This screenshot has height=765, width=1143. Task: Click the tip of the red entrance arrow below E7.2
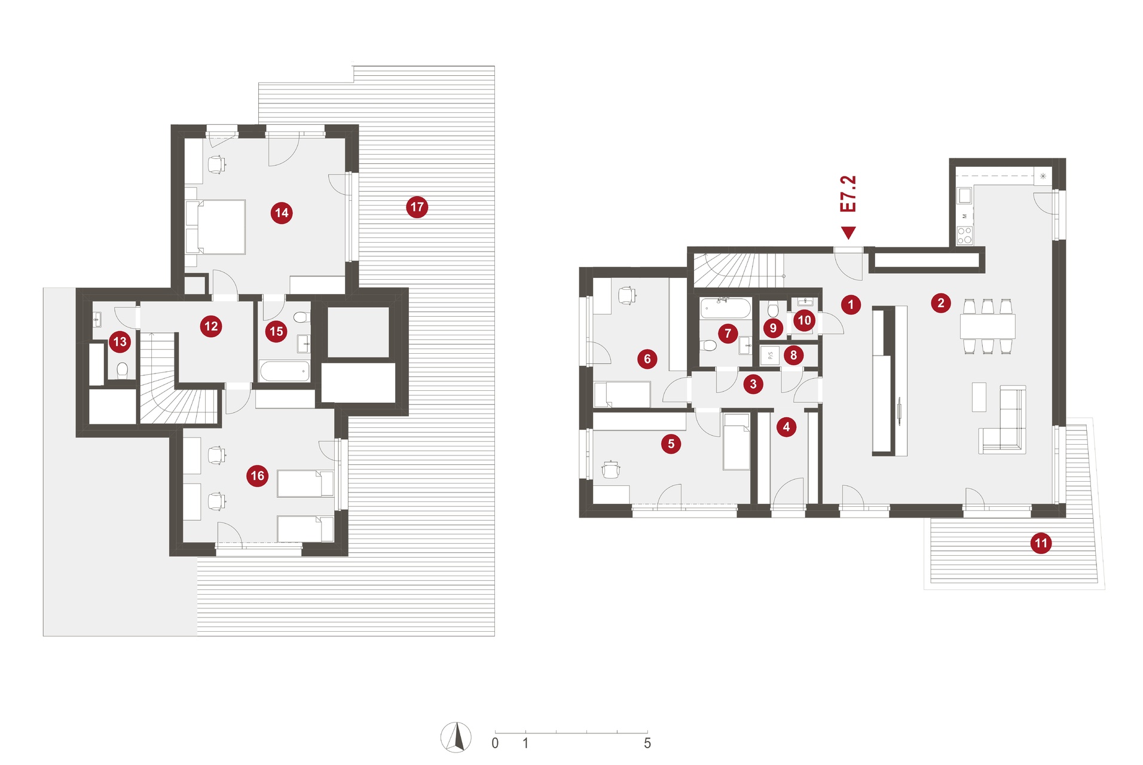(x=848, y=239)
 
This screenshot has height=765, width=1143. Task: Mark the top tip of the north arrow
(x=458, y=723)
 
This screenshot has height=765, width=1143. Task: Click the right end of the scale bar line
(x=647, y=733)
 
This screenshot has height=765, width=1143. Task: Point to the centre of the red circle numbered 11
(x=1041, y=543)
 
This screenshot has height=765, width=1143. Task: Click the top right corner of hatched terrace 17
(x=494, y=66)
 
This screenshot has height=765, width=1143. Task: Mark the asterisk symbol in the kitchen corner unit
(x=1043, y=176)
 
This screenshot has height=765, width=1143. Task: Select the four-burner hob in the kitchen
(x=964, y=235)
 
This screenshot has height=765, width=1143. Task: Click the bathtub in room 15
(x=285, y=371)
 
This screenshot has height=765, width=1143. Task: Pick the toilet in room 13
(x=123, y=370)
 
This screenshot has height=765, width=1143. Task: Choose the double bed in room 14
(x=216, y=227)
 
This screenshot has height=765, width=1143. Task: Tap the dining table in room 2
(x=988, y=326)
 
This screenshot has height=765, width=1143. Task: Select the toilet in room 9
(x=773, y=310)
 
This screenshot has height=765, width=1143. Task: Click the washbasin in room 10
(x=805, y=302)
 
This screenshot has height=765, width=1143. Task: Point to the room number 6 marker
(x=647, y=359)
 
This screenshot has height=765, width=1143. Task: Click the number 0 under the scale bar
(x=495, y=743)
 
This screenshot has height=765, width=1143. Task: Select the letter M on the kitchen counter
(x=964, y=216)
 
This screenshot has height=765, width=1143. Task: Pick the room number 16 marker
(x=257, y=476)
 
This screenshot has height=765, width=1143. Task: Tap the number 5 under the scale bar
(x=647, y=743)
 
